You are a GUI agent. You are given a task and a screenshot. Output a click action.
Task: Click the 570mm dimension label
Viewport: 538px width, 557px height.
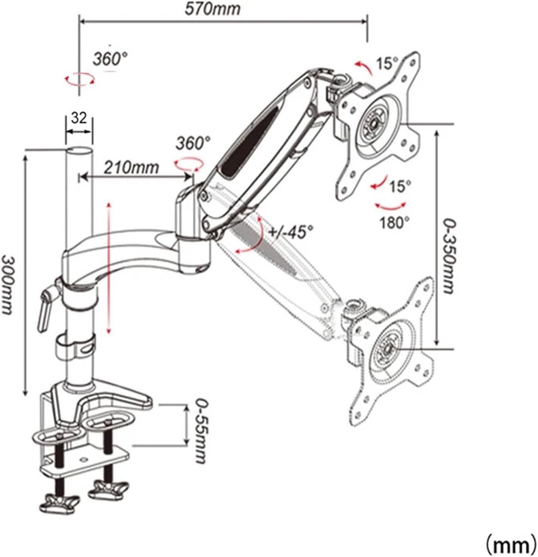[x=213, y=9]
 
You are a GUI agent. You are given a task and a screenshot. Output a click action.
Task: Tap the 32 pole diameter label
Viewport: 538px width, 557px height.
[x=79, y=118]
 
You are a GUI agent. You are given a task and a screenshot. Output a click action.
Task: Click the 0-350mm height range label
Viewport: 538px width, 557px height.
[x=449, y=256]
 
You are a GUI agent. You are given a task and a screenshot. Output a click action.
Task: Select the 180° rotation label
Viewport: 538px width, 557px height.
[x=394, y=222]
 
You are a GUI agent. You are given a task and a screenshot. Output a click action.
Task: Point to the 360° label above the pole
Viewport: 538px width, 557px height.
[x=111, y=59]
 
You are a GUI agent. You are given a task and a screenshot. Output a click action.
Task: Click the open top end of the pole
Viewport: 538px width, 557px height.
[x=80, y=152]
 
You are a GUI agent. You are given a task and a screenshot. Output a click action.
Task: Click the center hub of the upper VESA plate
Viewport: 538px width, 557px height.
[x=373, y=123]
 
